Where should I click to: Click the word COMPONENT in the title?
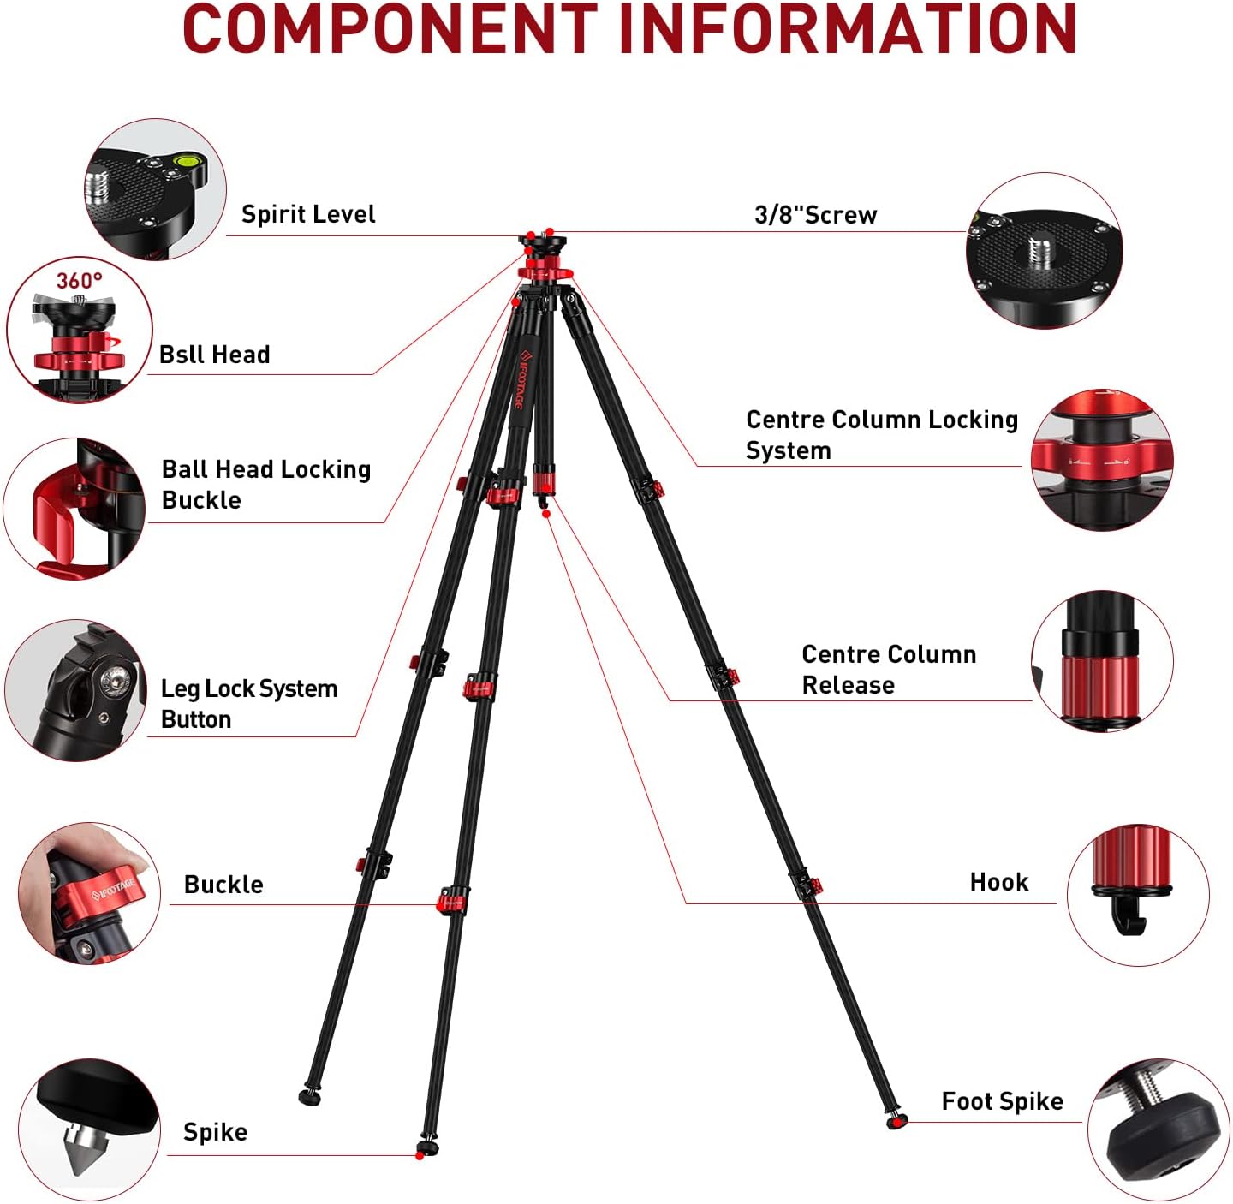click(x=390, y=30)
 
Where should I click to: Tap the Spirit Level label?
click(x=308, y=214)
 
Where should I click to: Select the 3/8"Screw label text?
click(x=815, y=215)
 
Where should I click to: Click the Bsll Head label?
click(x=214, y=355)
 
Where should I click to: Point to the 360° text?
click(x=79, y=281)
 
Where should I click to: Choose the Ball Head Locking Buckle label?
click(x=265, y=484)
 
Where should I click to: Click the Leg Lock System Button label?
click(x=248, y=703)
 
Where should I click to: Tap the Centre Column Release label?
click(x=888, y=669)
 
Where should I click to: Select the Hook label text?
click(x=998, y=882)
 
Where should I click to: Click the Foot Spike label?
click(x=1002, y=1101)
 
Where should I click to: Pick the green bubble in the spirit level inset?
click(x=184, y=159)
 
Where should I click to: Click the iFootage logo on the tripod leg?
click(x=522, y=381)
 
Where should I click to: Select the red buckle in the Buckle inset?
click(x=107, y=895)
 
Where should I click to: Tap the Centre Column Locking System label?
click(x=881, y=434)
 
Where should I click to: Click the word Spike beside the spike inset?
click(x=215, y=1132)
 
